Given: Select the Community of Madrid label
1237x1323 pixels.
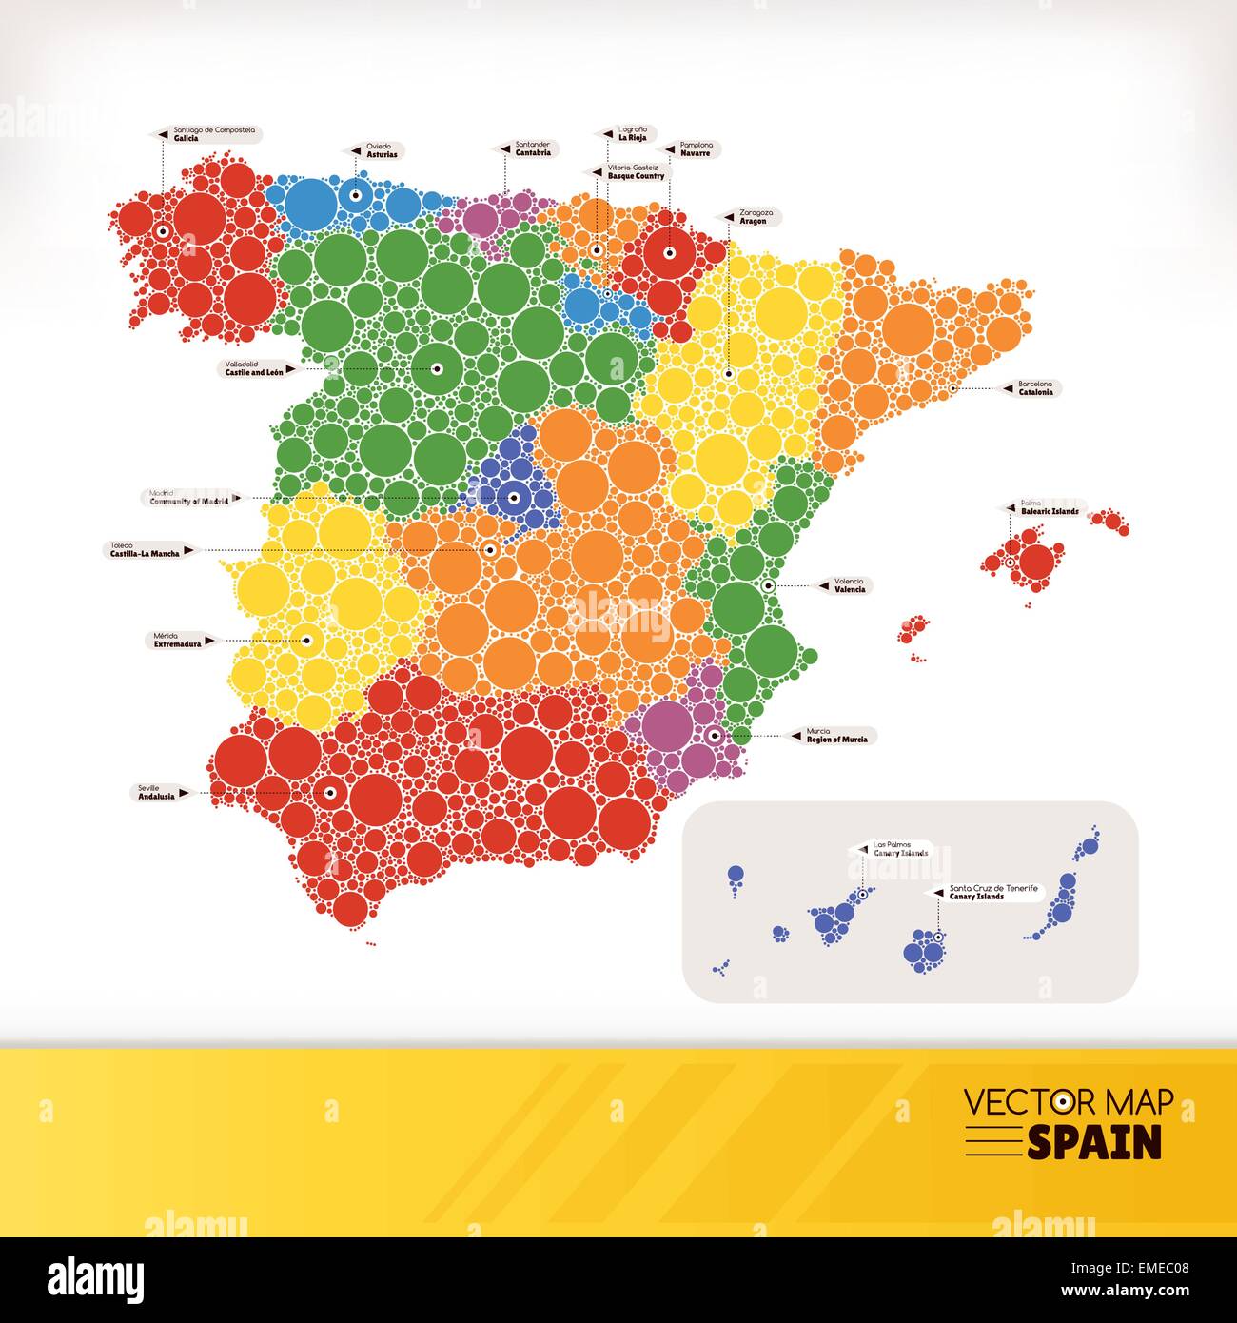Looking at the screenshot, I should coord(190,497).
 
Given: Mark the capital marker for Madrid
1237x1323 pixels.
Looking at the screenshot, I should coord(513,497).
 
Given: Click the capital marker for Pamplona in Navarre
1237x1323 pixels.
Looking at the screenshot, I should coord(668,252).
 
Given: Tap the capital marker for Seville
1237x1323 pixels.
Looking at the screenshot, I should coord(330,792).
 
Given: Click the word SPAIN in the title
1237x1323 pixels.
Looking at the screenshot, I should coord(1094,1141).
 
